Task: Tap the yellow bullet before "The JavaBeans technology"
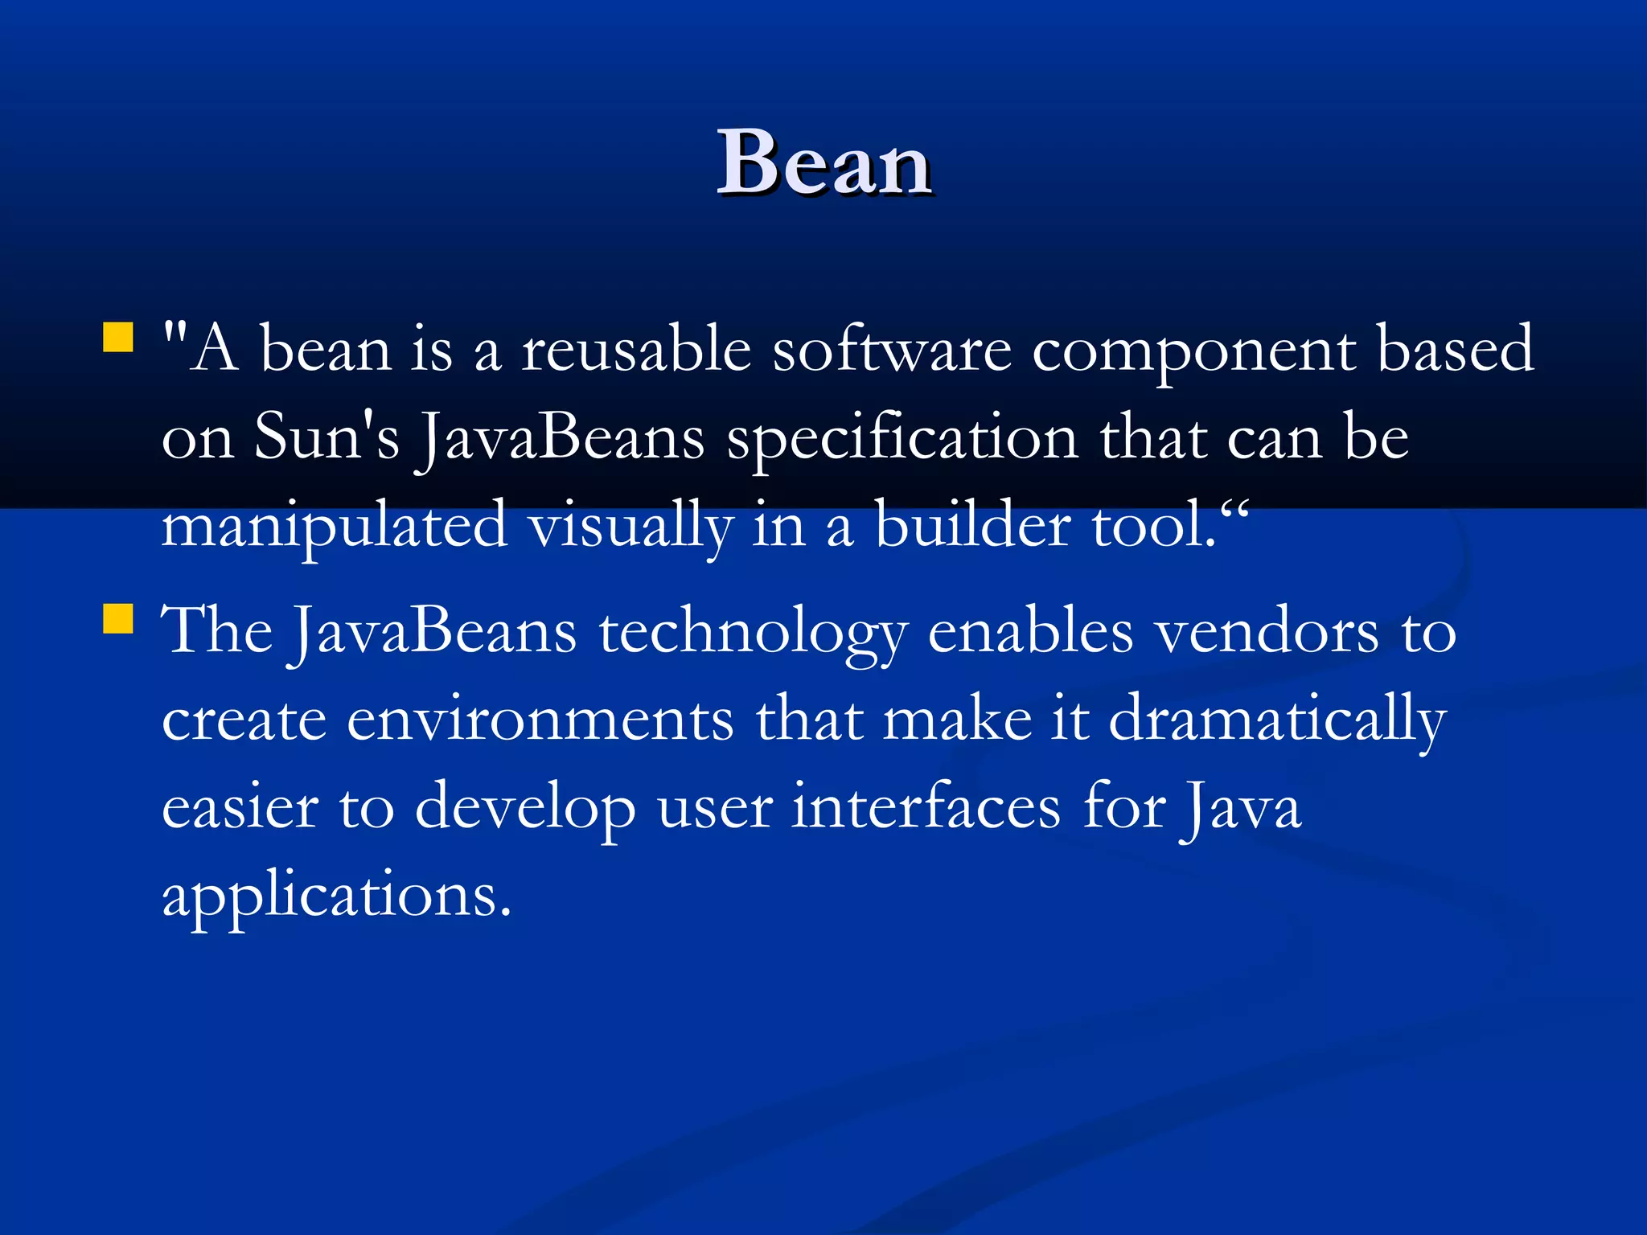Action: click(x=118, y=619)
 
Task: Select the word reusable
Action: click(x=636, y=351)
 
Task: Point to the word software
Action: click(x=892, y=351)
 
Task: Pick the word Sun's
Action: click(x=327, y=438)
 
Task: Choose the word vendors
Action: click(x=1267, y=632)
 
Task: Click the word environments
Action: click(x=540, y=720)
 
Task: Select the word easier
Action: click(x=240, y=807)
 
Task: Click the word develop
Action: click(x=524, y=809)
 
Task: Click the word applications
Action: click(x=336, y=896)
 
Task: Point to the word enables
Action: click(x=1030, y=632)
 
